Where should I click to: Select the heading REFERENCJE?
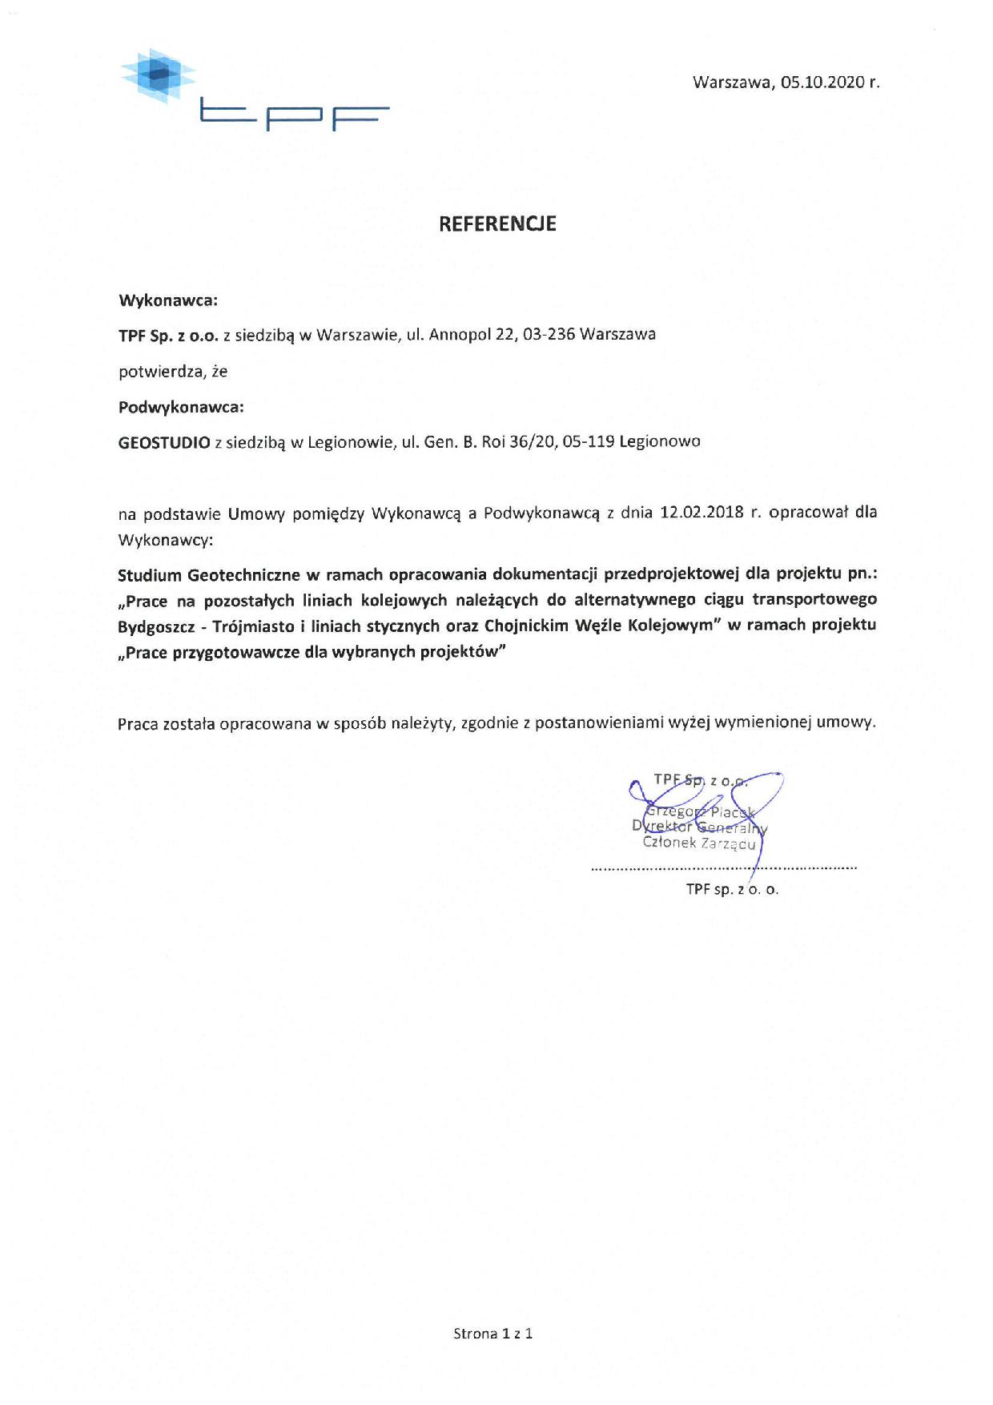[x=496, y=224]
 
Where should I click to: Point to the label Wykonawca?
[x=168, y=301]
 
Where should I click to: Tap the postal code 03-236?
[x=549, y=335]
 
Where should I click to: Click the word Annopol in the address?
[x=460, y=335]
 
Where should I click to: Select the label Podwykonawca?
[x=181, y=407]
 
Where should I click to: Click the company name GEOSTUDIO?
[x=164, y=442]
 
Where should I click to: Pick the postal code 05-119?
[x=589, y=441]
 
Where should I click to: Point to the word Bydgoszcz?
[x=157, y=626]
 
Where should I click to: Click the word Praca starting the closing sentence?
[x=138, y=723]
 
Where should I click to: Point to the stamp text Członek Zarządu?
[x=698, y=843]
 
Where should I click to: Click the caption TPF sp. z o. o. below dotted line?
[x=732, y=889]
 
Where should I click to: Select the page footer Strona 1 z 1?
[x=493, y=1334]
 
